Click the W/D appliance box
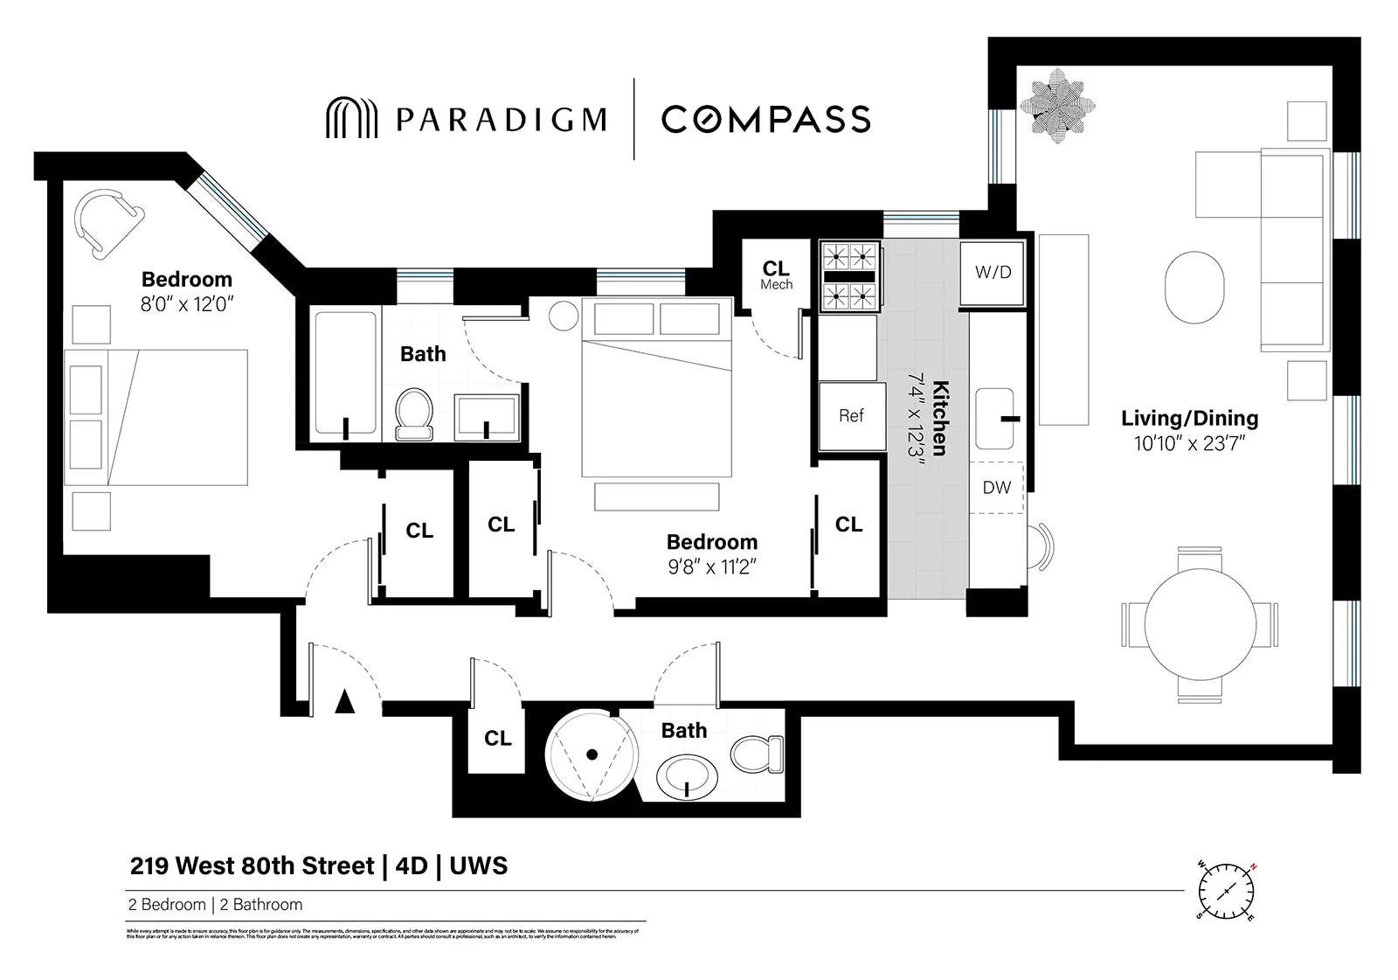[x=992, y=273]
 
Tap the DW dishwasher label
[x=996, y=488]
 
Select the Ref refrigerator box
[x=851, y=416]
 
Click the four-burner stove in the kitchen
[x=849, y=276]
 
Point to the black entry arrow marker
[x=345, y=701]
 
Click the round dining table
[x=1200, y=624]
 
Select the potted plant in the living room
[x=1057, y=106]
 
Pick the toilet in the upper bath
[x=415, y=413]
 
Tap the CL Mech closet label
[x=776, y=275]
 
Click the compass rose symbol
[x=1228, y=890]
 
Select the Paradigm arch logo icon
[x=351, y=118]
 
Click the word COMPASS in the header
[x=765, y=119]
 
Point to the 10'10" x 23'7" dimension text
[x=1189, y=444]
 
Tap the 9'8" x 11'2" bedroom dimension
[x=711, y=567]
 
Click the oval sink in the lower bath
[x=687, y=778]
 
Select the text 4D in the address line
[x=412, y=866]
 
